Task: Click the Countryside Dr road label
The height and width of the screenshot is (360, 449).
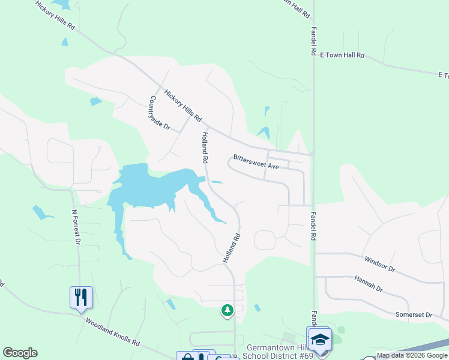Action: [x=160, y=113]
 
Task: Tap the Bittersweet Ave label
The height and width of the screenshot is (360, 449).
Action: [x=256, y=164]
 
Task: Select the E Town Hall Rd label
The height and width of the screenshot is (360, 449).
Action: [x=342, y=55]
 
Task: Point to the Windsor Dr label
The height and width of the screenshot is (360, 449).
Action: [x=379, y=264]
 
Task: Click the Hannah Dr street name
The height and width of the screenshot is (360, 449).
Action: [x=369, y=284]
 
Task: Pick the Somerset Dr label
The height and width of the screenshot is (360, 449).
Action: [x=414, y=314]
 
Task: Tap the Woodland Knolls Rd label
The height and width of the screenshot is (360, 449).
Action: [x=112, y=332]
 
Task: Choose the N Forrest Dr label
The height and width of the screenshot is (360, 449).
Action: [x=76, y=227]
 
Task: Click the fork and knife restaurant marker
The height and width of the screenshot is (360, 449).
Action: [x=81, y=297]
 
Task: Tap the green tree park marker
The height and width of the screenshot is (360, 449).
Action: [x=227, y=310]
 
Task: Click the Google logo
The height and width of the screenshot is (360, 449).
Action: [x=20, y=353]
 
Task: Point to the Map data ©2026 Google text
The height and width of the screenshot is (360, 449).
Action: [x=412, y=355]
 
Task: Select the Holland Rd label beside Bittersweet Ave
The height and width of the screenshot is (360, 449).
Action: [x=205, y=148]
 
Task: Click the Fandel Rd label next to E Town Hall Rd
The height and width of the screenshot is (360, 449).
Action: [x=313, y=41]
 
